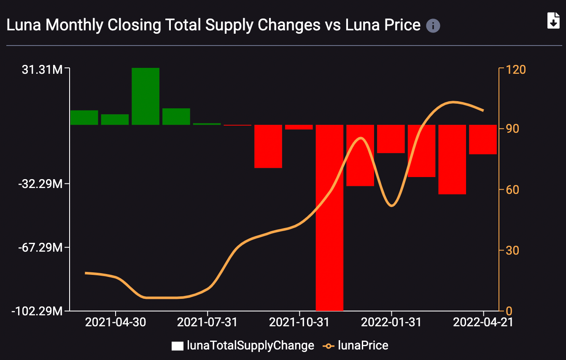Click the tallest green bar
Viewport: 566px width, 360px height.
coord(146,96)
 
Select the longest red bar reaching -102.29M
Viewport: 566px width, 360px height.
coord(329,218)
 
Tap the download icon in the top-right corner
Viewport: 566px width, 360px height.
coord(553,20)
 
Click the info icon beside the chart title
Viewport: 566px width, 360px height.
coord(433,26)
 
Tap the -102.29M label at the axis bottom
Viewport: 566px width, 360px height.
coord(38,311)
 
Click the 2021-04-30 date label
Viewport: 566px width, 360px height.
coord(116,322)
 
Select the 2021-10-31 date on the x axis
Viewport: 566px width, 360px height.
coord(299,322)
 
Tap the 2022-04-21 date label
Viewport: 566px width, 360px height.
coord(483,322)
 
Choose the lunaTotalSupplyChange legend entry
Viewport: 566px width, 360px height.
coord(243,346)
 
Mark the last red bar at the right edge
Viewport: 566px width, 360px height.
coord(483,139)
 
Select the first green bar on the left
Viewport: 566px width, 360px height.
coord(84,117)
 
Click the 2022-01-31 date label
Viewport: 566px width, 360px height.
coord(391,322)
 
